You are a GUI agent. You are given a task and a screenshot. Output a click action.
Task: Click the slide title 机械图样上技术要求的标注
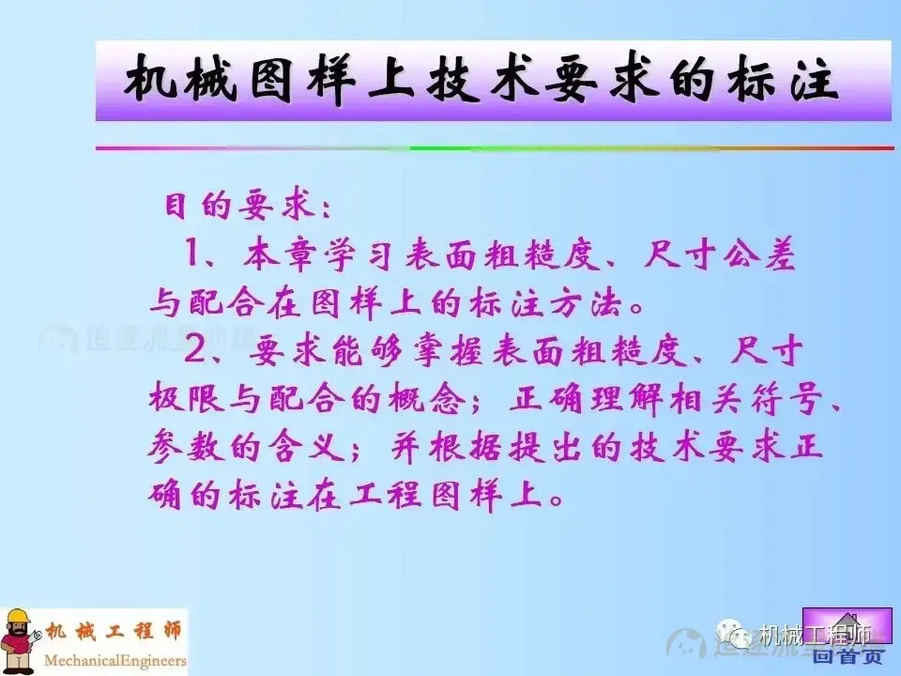[481, 81]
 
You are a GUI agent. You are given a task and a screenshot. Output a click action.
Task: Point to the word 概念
[440, 400]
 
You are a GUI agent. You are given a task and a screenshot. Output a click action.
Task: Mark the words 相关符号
[751, 400]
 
